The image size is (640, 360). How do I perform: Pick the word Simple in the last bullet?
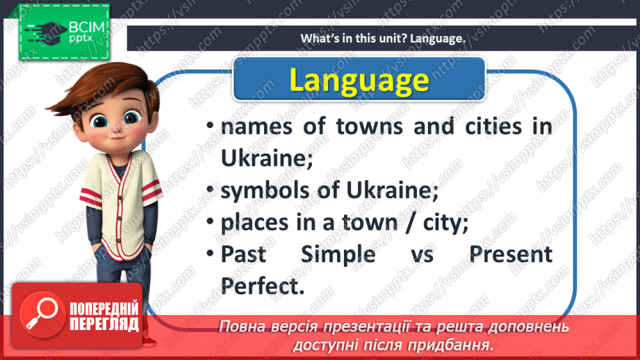(338, 254)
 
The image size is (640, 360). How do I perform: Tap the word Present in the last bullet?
(511, 254)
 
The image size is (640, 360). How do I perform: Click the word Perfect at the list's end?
(263, 286)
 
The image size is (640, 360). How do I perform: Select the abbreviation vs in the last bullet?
(422, 255)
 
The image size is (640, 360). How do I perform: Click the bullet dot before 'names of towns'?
(210, 125)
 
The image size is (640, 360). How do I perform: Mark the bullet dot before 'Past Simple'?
(210, 254)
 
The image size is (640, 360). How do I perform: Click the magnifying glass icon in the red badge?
(42, 315)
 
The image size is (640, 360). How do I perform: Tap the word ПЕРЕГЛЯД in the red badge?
(104, 325)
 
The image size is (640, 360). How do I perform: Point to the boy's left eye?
(131, 118)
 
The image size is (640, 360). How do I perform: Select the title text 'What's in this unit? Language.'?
(383, 38)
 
